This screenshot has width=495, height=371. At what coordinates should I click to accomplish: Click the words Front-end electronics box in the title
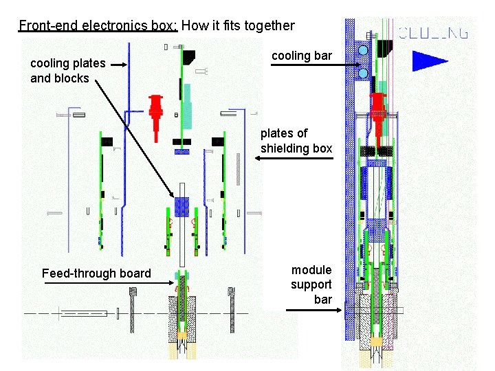tap(98, 26)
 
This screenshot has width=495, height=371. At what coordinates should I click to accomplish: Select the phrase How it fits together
tap(238, 26)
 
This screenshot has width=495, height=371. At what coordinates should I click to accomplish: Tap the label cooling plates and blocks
tap(67, 70)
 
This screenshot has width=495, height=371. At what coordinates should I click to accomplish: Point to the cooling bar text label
tap(301, 55)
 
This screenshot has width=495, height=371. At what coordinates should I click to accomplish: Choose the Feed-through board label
tap(96, 273)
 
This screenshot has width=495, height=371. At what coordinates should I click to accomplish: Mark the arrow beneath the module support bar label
tap(313, 311)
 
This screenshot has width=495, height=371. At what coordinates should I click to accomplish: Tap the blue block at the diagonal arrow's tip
tap(182, 205)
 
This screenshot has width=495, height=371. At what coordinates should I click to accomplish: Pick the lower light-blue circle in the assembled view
tap(363, 73)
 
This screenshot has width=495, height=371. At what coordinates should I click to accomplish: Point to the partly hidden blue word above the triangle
tap(434, 32)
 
